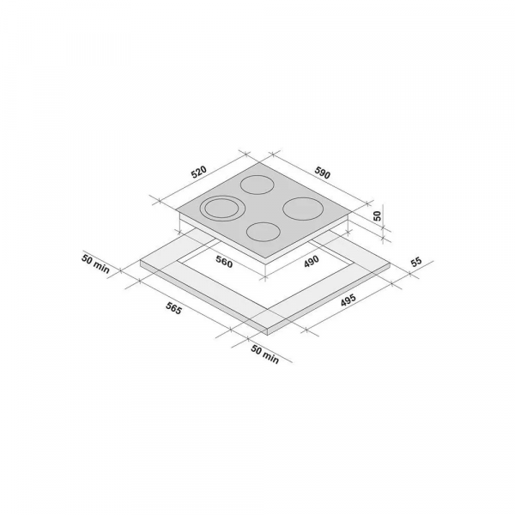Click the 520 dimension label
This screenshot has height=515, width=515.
[199, 173]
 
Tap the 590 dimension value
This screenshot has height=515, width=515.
[322, 173]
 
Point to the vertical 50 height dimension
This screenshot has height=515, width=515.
[378, 215]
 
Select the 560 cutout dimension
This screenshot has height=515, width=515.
[224, 262]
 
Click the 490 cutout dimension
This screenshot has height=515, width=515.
[311, 262]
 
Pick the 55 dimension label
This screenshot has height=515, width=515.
[415, 262]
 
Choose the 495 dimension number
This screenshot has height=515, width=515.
[348, 300]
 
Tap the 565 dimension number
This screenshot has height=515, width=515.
[173, 308]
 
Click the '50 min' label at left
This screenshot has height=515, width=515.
[95, 264]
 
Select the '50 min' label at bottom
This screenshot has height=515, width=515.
[264, 354]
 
